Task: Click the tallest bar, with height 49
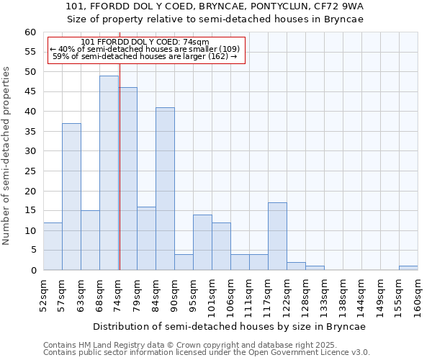109,173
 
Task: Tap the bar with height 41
165,189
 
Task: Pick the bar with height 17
277,236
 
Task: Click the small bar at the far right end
408,268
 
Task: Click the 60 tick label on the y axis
30,32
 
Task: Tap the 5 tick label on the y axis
33,251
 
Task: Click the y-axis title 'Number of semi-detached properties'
7,156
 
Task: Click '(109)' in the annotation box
225,49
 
